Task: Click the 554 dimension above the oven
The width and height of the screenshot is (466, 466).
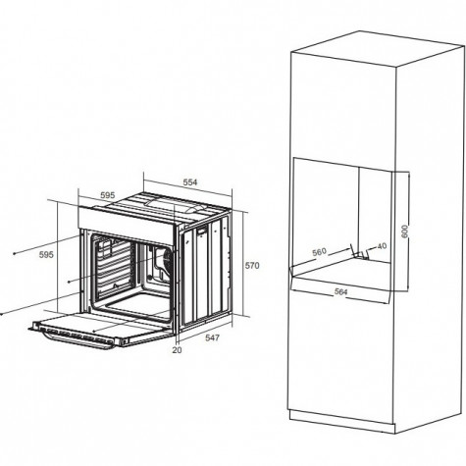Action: coord(190,182)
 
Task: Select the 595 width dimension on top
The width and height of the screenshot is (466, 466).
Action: coord(108,195)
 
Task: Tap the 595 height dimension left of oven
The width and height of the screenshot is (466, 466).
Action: coord(46,254)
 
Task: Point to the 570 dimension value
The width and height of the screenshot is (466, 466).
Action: coord(252,266)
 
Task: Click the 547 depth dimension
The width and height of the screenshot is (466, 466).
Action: coord(212,337)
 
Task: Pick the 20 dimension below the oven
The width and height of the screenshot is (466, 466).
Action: coord(177,350)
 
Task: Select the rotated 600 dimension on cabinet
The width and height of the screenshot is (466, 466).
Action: coord(405,232)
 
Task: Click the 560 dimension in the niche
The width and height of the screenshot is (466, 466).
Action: coord(319,252)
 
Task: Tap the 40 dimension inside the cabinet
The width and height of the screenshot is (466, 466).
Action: coord(382,246)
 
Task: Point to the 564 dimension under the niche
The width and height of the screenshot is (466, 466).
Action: coord(340,291)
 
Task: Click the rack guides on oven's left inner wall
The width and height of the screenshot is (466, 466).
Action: coord(113,267)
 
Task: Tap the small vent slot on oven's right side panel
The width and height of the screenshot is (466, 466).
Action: coord(202,231)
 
